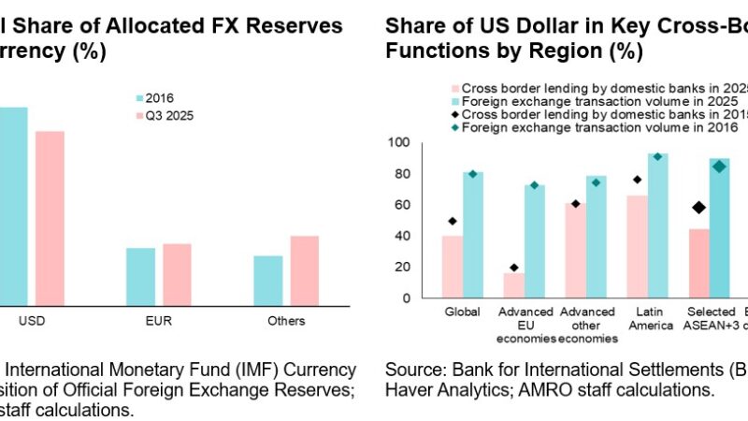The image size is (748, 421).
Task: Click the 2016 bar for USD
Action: (x=12, y=206)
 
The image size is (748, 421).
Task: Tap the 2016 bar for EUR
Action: (x=140, y=276)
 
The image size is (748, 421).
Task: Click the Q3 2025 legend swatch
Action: (x=139, y=117)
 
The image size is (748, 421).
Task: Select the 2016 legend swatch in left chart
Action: (x=139, y=97)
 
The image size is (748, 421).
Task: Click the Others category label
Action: (x=286, y=321)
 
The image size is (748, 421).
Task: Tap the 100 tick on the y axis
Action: (x=401, y=143)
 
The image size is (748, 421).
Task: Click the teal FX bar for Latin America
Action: (x=658, y=225)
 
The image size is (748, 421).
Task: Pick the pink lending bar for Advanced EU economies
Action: (x=514, y=285)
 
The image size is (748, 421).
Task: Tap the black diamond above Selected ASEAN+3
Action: (x=698, y=207)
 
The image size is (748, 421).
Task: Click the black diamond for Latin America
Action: (x=637, y=180)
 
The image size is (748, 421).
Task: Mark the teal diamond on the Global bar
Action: (x=473, y=174)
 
